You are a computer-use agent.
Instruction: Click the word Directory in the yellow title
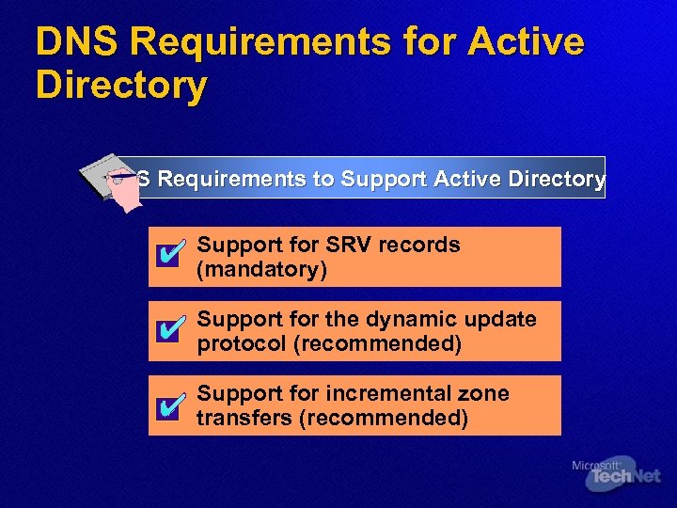click(x=120, y=85)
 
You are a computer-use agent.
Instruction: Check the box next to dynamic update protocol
click(x=167, y=330)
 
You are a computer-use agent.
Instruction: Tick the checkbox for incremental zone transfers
click(x=167, y=405)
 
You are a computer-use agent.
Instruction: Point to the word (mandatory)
click(x=261, y=270)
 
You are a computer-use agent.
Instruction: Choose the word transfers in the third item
click(x=244, y=419)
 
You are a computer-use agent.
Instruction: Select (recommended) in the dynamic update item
click(x=378, y=344)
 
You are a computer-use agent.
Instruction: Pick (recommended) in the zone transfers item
click(x=383, y=419)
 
